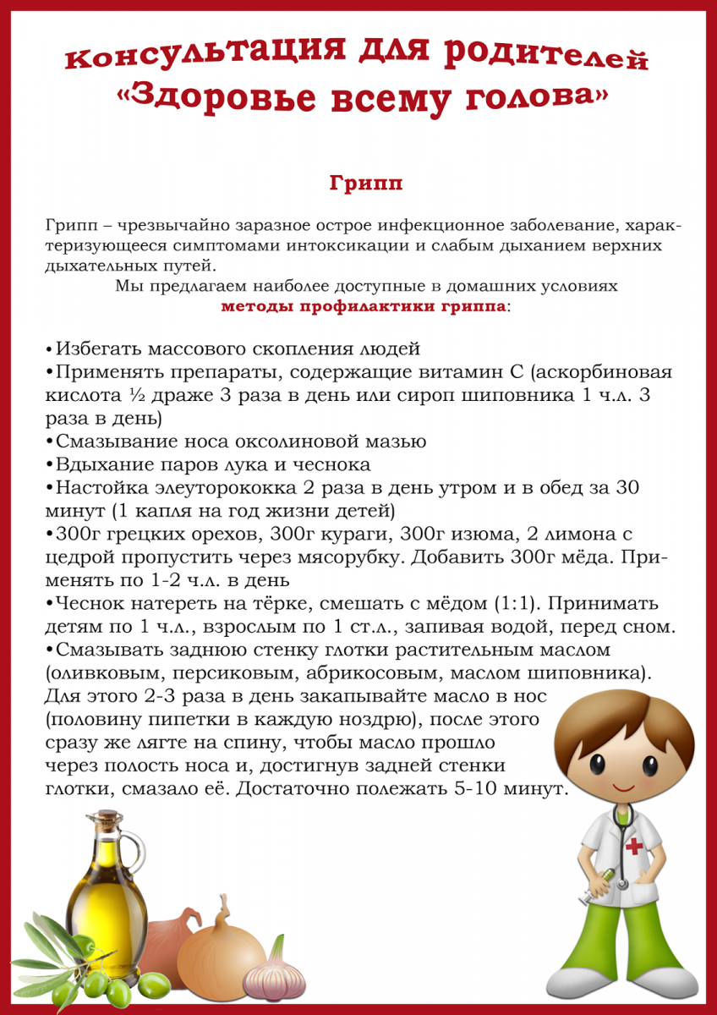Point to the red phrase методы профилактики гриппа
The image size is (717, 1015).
tap(364, 305)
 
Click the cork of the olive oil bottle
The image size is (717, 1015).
tap(108, 819)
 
